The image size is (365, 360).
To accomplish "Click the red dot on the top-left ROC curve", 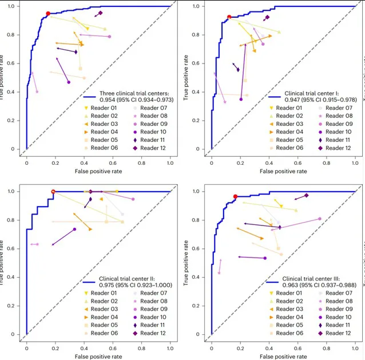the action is [x=48, y=14].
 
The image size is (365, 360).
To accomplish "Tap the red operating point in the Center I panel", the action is [x=229, y=17].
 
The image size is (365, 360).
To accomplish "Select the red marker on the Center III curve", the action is [x=235, y=196].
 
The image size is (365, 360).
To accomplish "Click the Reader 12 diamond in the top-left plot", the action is [x=100, y=13].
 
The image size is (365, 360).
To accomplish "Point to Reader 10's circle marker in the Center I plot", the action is [x=241, y=100].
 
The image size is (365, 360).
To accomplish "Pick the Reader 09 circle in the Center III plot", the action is [x=320, y=219].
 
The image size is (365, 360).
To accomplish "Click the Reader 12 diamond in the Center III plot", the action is [x=306, y=195].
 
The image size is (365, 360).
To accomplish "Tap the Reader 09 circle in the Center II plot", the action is [x=133, y=199].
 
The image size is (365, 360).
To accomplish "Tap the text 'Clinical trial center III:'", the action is [x=311, y=279].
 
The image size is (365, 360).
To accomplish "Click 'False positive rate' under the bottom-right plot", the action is [x=283, y=357].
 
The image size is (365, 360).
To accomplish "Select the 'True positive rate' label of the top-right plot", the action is [x=185, y=78].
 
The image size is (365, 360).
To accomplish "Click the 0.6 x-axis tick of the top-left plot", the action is [x=113, y=163].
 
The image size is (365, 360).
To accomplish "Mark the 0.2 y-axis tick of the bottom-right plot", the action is [x=196, y=306].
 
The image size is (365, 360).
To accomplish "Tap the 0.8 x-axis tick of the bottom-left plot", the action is [x=141, y=349].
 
